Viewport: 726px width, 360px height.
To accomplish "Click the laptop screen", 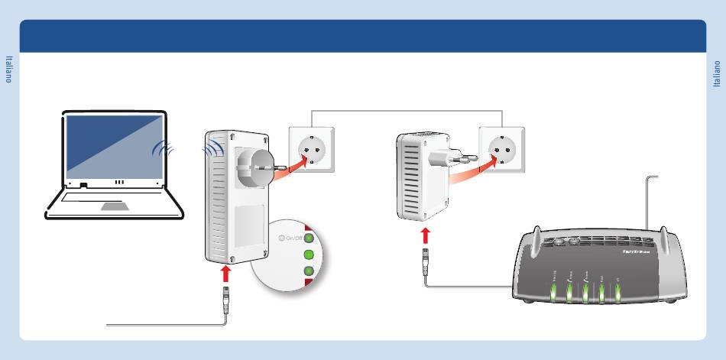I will tap(114, 146).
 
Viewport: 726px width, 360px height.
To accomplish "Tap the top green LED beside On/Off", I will tap(309, 238).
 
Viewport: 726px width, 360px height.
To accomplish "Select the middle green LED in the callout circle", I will tap(309, 255).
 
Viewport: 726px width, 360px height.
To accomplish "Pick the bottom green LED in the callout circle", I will tap(309, 271).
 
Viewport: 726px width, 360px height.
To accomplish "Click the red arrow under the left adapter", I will tap(225, 273).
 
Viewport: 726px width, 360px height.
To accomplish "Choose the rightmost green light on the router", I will tap(617, 291).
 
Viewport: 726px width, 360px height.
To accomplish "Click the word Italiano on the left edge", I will tap(9, 70).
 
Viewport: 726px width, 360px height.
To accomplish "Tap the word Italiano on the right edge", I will tap(717, 73).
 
